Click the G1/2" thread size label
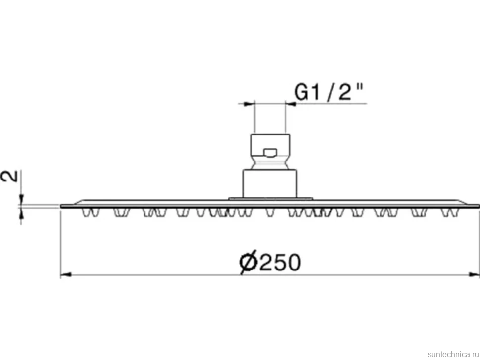329,92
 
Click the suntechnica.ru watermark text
453,354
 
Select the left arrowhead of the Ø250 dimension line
66,275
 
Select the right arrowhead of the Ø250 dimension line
474,275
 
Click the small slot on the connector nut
270,152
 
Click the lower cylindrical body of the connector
270,183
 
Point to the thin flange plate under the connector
270,198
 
